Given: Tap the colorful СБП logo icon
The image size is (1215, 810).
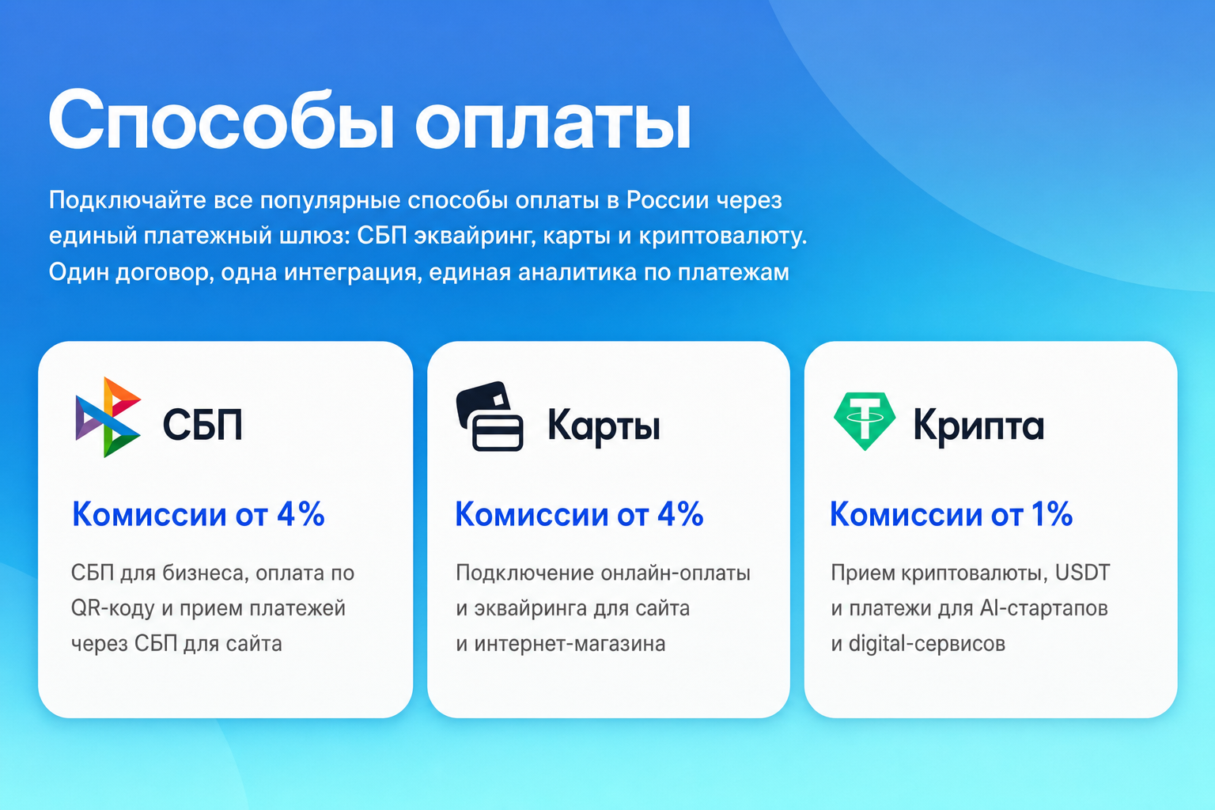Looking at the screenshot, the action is pos(108,417).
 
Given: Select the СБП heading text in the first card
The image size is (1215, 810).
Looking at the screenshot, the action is pos(202,424).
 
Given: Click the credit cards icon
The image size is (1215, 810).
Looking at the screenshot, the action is pos(490,416).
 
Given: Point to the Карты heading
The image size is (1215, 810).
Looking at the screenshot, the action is pos(604,426).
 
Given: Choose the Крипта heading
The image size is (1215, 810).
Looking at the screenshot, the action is pos(978,426).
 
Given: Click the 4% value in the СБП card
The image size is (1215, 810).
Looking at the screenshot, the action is pos(301,514).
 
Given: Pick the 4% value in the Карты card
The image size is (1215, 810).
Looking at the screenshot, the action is pos(680,514).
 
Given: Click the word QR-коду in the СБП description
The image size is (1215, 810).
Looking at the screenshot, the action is pos(113,608).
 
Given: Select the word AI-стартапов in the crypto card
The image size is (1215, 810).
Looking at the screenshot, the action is pos(1043,608).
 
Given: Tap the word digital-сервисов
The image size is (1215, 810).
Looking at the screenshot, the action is pos(927,644).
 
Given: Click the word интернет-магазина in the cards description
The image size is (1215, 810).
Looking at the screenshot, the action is pos(570,644).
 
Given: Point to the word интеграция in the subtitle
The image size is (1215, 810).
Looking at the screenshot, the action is pos(353,272).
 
